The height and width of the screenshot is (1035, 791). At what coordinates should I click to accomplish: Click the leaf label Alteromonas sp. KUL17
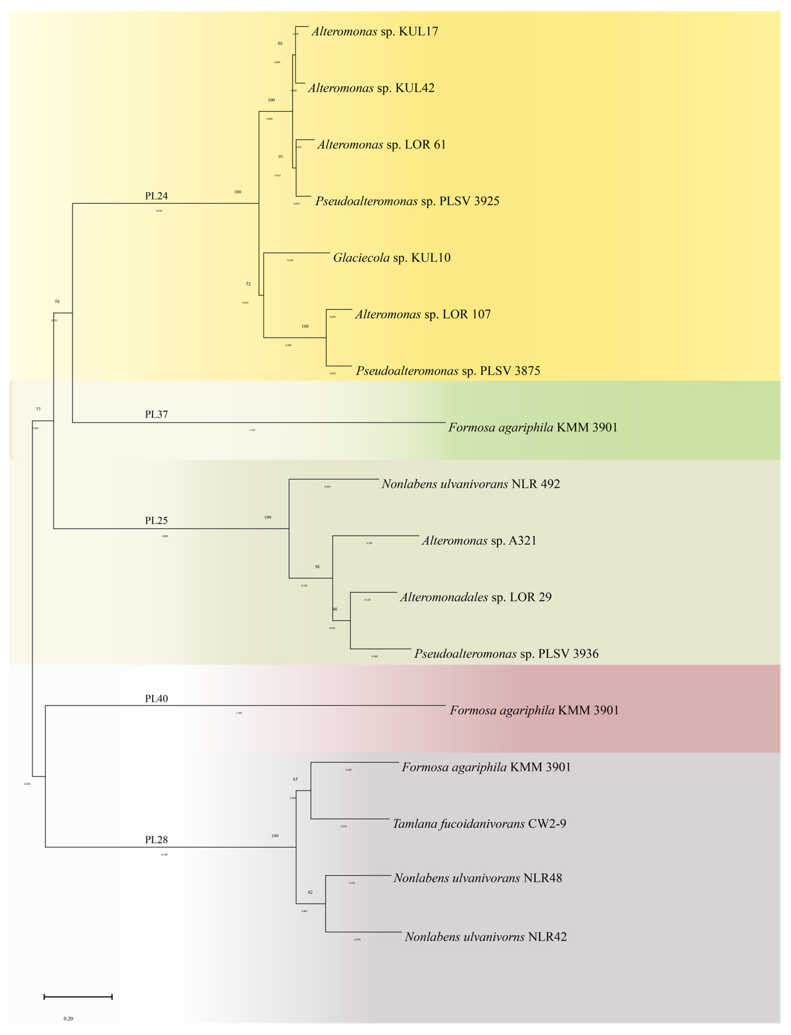pyautogui.click(x=374, y=31)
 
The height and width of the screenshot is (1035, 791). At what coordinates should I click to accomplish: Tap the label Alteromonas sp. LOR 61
pyautogui.click(x=381, y=144)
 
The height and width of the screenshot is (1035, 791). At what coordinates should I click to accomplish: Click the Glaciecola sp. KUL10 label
pyautogui.click(x=392, y=258)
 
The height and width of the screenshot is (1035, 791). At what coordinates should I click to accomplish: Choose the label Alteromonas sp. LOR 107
pyautogui.click(x=423, y=314)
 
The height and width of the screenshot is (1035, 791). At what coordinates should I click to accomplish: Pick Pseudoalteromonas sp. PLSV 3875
pyautogui.click(x=448, y=371)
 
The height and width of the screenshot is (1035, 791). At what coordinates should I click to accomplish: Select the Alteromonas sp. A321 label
pyautogui.click(x=479, y=541)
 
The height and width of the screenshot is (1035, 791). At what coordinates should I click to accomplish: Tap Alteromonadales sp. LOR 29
pyautogui.click(x=476, y=597)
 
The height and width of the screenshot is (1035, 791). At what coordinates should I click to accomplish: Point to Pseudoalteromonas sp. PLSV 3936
pyautogui.click(x=506, y=653)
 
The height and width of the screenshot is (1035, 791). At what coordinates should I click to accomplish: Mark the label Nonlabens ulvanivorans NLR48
pyautogui.click(x=478, y=878)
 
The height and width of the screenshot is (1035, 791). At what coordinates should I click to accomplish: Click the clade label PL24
pyautogui.click(x=156, y=196)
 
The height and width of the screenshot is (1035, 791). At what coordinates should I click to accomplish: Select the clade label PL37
pyautogui.click(x=156, y=414)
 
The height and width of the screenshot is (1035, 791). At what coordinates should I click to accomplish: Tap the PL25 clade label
pyautogui.click(x=156, y=520)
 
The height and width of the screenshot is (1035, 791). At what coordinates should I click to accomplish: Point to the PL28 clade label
pyautogui.click(x=156, y=840)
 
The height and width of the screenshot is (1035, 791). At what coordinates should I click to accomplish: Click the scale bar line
pyautogui.click(x=78, y=997)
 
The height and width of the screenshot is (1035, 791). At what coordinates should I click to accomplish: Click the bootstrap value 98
pyautogui.click(x=317, y=567)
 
